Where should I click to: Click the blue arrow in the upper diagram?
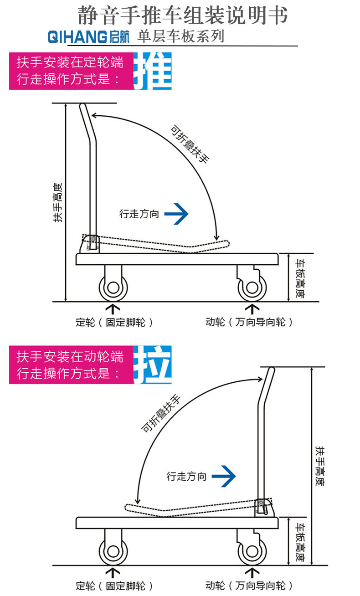pyautogui.click(x=176, y=214)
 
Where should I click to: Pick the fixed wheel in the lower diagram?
pyautogui.click(x=113, y=552)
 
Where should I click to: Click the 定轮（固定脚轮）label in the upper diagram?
pyautogui.click(x=114, y=323)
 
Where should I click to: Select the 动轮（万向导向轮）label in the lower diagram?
pyautogui.click(x=249, y=586)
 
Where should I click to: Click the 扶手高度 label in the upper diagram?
pyautogui.click(x=58, y=202)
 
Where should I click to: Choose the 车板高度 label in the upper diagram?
pyautogui.click(x=299, y=278)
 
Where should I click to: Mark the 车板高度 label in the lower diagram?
pyautogui.click(x=299, y=542)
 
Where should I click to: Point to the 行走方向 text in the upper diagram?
pyautogui.click(x=139, y=214)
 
